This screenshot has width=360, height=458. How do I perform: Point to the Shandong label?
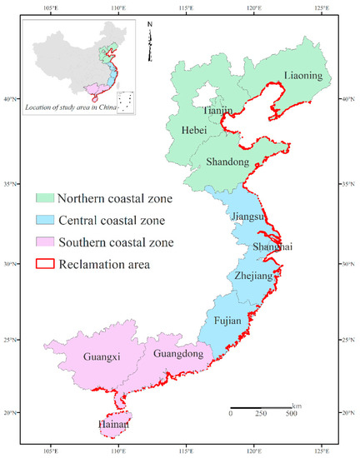(226, 163)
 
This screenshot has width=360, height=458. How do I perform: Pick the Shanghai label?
(272, 247)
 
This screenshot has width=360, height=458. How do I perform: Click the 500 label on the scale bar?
(292, 413)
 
